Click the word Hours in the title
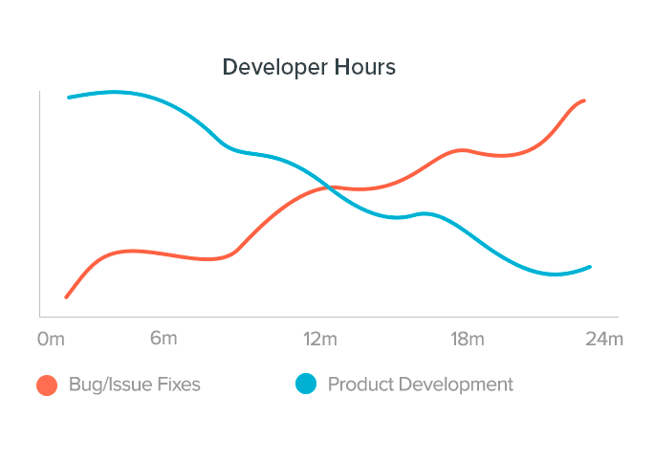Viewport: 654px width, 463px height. pyautogui.click(x=364, y=68)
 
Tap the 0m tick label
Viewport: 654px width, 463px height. pyautogui.click(x=51, y=340)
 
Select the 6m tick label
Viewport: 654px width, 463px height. pyautogui.click(x=163, y=339)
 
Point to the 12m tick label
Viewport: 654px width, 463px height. pyautogui.click(x=320, y=340)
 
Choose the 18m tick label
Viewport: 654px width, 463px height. pyautogui.click(x=467, y=340)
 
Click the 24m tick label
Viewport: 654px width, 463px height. pyautogui.click(x=604, y=340)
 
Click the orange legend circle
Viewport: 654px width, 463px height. pyautogui.click(x=47, y=385)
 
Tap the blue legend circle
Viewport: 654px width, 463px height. pyautogui.click(x=305, y=385)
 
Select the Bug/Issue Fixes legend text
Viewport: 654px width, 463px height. pyautogui.click(x=135, y=385)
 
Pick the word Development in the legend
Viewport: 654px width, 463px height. pyautogui.click(x=455, y=385)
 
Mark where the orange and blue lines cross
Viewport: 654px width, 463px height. pyautogui.click(x=329, y=187)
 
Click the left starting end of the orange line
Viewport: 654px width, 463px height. pyautogui.click(x=66, y=297)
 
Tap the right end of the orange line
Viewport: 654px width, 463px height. pyautogui.click(x=583, y=100)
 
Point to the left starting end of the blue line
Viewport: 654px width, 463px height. pyautogui.click(x=69, y=98)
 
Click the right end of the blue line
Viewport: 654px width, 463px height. pyautogui.click(x=590, y=267)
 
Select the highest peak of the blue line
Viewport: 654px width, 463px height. pyautogui.click(x=115, y=92)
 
